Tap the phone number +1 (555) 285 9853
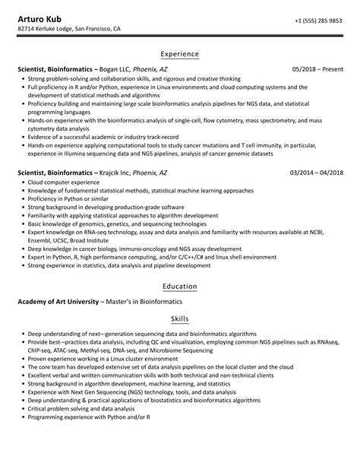point(317,21)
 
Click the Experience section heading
point(180,54)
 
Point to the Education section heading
point(180,287)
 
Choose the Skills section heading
point(180,319)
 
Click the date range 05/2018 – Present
point(317,68)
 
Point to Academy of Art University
point(58,302)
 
